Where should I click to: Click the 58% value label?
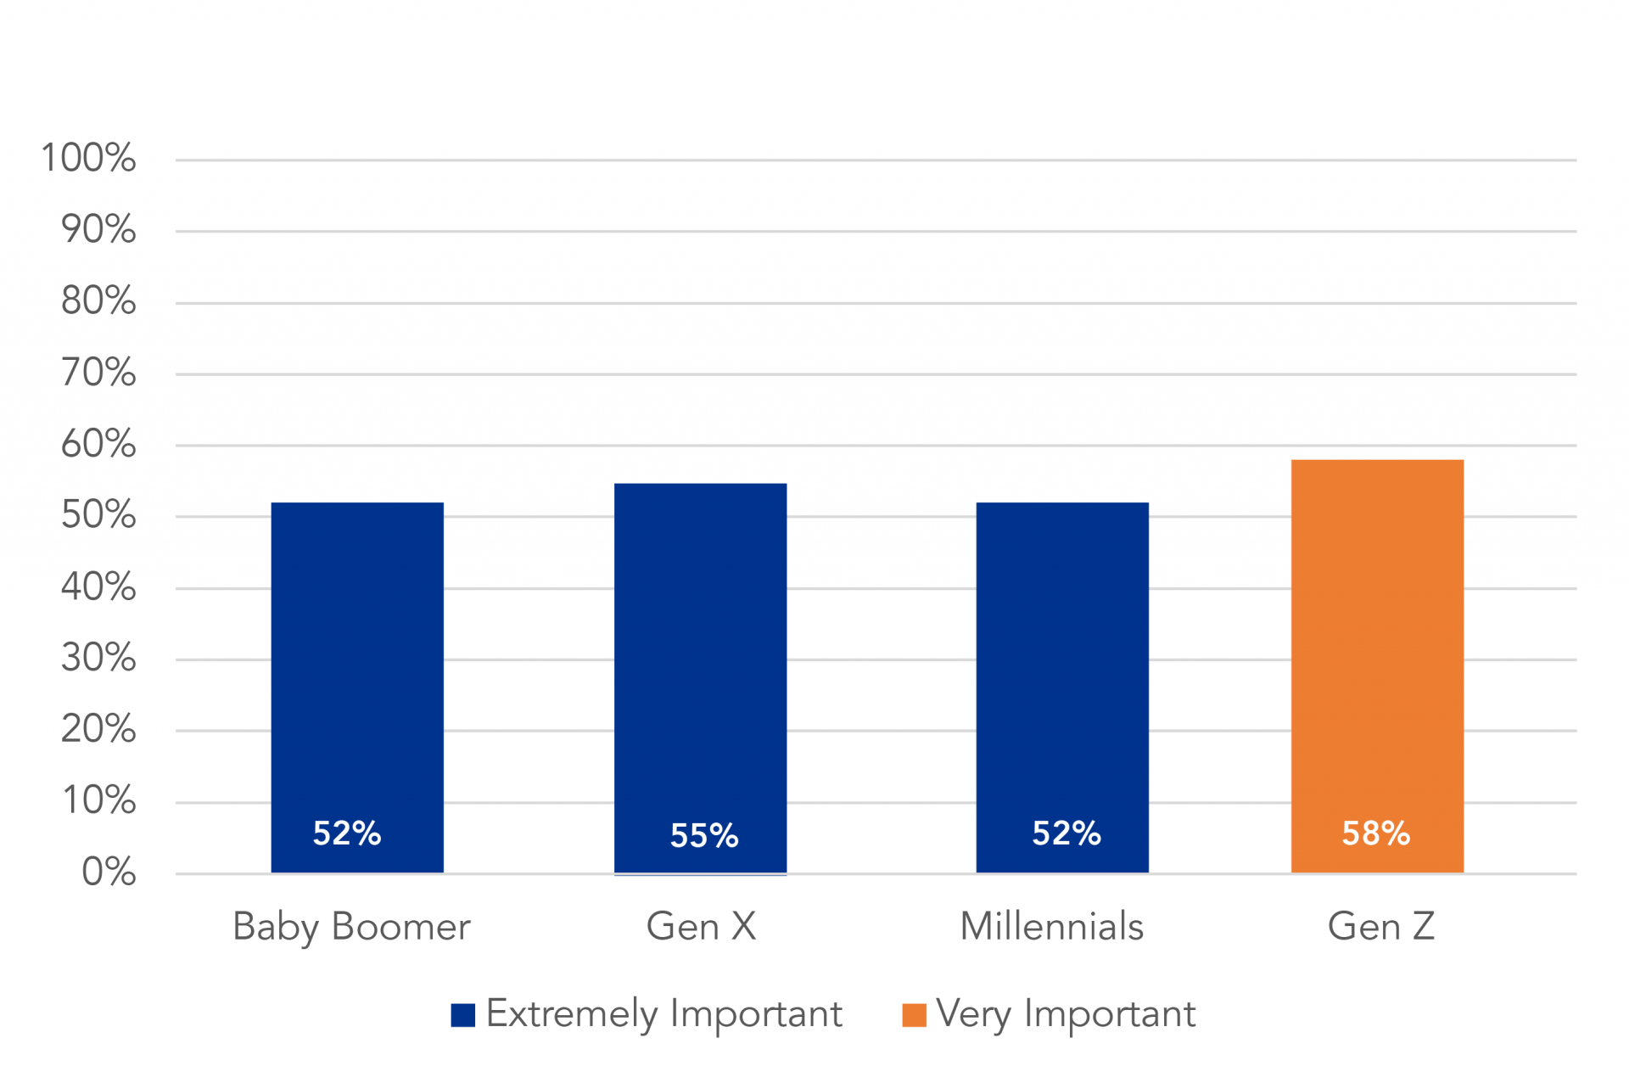point(1375,833)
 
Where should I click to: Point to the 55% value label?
point(704,836)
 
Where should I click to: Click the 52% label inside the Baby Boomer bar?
point(347,833)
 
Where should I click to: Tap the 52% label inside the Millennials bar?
point(1066,833)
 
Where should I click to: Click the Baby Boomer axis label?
point(351,927)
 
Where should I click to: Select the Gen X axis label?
point(701,927)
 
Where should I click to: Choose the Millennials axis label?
point(1051,927)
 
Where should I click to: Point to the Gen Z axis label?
point(1381,927)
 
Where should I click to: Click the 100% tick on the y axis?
point(88,158)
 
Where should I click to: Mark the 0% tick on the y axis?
point(109,873)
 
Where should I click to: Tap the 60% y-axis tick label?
point(98,444)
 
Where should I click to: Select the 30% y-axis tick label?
point(98,658)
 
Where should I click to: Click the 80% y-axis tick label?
point(98,300)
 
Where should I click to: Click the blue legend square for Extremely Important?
point(462,1015)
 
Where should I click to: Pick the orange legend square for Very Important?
point(914,1015)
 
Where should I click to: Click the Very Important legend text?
point(1066,1014)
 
